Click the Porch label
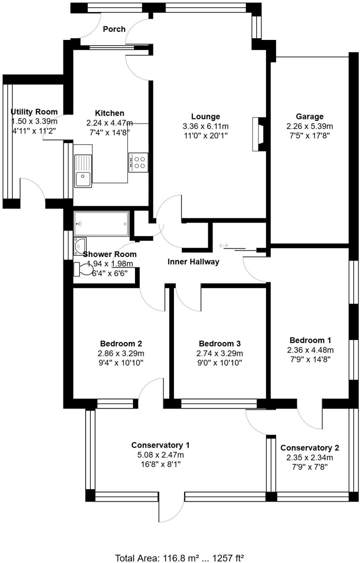pos(114,29)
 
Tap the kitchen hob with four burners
pos(138,162)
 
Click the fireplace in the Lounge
pos(258,134)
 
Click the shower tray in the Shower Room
pos(101,224)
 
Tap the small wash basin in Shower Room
pos(80,246)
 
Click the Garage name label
pos(310,116)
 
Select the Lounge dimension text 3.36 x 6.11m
pos(205,126)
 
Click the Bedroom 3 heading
pos(220,344)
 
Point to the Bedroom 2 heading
pos(121,344)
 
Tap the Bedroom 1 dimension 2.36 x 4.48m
pos(310,350)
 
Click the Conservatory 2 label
pos(310,448)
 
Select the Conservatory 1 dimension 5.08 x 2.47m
pos(160,455)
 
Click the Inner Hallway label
pos(193,262)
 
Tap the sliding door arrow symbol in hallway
pos(224,246)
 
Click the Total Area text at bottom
pos(180,558)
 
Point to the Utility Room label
pos(34,112)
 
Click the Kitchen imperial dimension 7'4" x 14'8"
pos(109,132)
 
